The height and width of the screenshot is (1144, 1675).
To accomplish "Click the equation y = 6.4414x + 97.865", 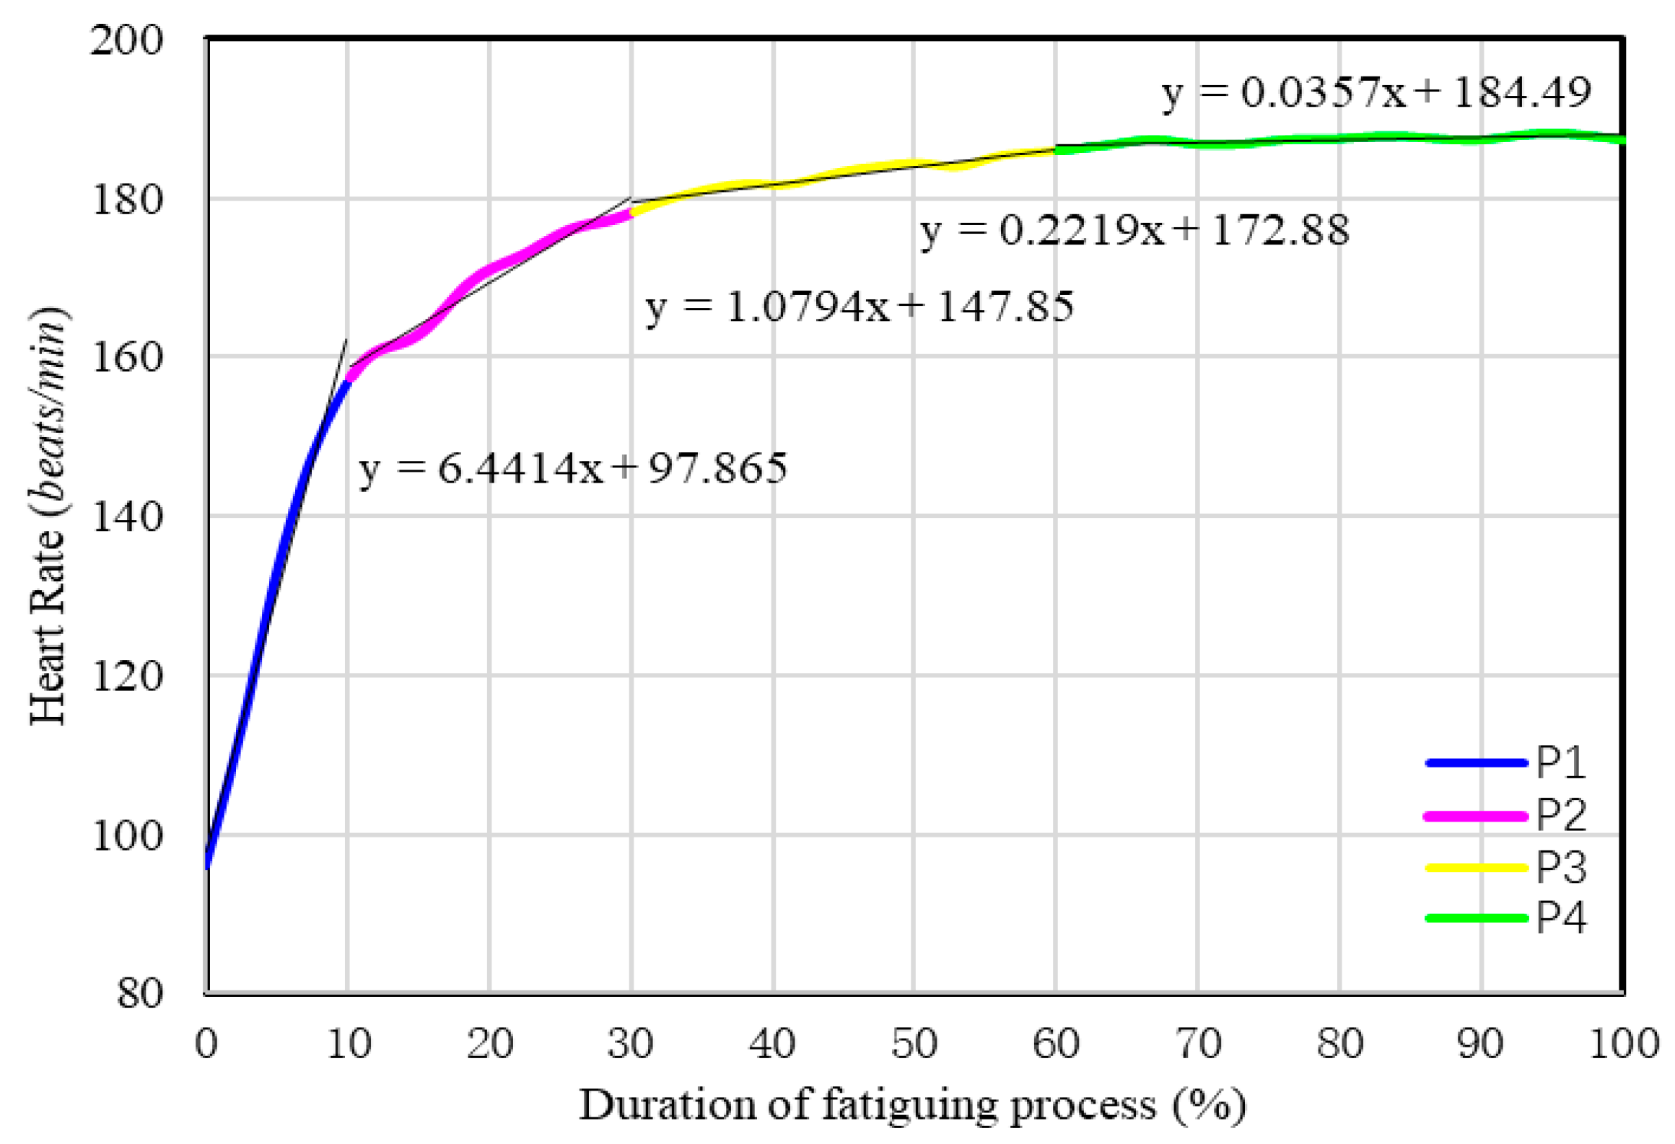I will click(572, 469).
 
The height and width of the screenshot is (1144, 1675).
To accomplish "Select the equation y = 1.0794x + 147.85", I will click(859, 307).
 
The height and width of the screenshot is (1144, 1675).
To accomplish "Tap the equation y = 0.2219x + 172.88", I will click(1134, 231).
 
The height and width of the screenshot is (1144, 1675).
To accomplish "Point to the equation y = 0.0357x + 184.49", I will click(1376, 93).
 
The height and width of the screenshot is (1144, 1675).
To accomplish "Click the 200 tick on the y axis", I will click(127, 40).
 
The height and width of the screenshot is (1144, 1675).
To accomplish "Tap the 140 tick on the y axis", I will click(127, 517).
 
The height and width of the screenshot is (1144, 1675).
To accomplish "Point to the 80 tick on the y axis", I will click(140, 993).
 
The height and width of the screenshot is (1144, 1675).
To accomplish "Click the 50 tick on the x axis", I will click(914, 1044).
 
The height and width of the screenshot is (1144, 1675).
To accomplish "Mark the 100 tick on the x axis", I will click(1624, 1044).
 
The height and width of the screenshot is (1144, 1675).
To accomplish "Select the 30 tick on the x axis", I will click(630, 1044).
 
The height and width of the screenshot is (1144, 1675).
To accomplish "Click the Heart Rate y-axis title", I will click(48, 516).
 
